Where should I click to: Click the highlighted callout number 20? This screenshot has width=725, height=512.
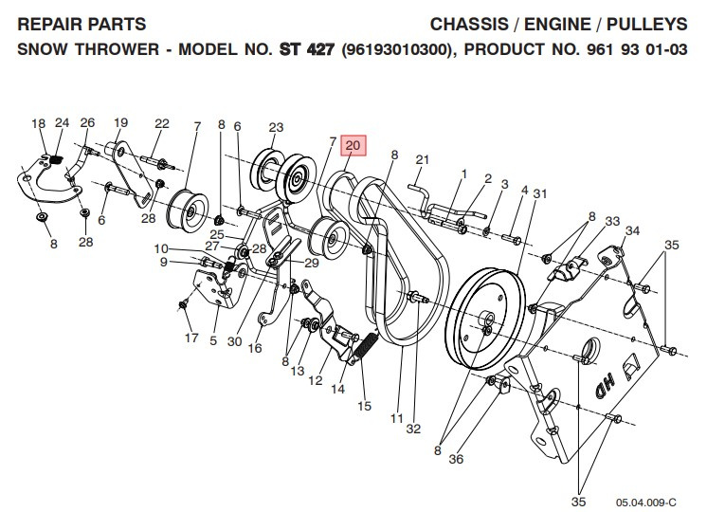click(x=353, y=145)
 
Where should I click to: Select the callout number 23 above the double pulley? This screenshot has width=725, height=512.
click(x=276, y=127)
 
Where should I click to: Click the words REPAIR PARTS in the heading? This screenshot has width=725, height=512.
click(x=82, y=23)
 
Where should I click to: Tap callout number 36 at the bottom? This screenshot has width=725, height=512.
click(x=457, y=459)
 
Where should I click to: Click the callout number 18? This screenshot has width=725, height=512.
click(x=38, y=123)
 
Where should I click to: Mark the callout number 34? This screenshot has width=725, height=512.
click(x=632, y=230)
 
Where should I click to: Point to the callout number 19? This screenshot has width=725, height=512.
click(x=121, y=123)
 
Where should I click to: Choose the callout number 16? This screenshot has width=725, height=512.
click(x=255, y=348)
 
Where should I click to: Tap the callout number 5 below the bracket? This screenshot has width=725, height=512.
click(x=213, y=340)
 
